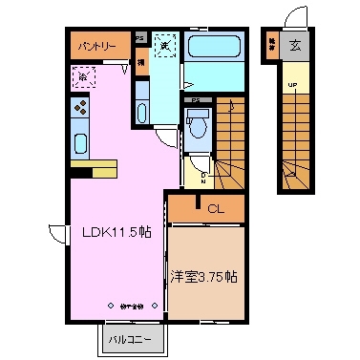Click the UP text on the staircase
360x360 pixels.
pyautogui.click(x=292, y=85)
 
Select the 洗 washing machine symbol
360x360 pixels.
pyautogui.click(x=165, y=45)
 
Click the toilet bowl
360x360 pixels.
pyautogui.click(x=198, y=123)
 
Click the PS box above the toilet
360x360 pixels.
pyautogui.click(x=197, y=99)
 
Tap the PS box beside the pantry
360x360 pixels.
pyautogui.click(x=139, y=39)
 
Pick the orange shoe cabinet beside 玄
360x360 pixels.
pyautogui.click(x=272, y=45)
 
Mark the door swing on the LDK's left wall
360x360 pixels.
pyautogui.click(x=58, y=234)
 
